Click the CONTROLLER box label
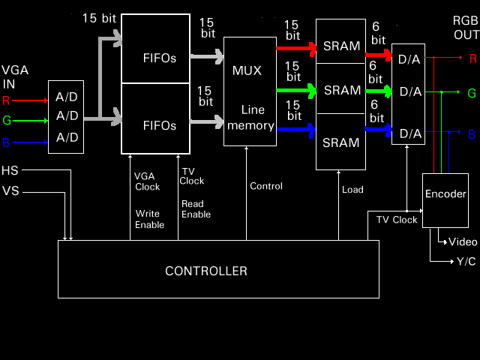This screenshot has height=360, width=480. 206,271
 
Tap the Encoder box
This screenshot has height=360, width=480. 445,193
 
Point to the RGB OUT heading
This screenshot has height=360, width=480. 465,27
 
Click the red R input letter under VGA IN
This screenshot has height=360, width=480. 7,99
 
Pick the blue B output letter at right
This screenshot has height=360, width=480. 472,134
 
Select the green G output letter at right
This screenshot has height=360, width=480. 472,93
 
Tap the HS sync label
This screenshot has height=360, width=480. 10,170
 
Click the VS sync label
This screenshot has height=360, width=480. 10,190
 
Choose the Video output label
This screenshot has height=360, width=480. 463,241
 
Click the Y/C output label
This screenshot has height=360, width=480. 466,261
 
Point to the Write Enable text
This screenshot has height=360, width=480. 150,219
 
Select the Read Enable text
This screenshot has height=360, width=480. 196,209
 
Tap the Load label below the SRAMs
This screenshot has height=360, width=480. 352,190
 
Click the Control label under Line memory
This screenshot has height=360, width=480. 266,186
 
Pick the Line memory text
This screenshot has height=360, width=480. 250,118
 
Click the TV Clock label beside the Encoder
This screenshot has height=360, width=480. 397,220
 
